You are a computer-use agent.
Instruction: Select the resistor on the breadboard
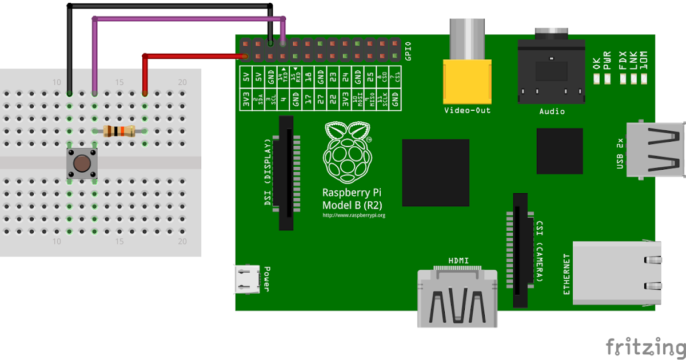coord(119,131)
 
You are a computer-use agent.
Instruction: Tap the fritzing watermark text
coord(645,346)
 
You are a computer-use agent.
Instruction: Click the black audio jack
coord(551,71)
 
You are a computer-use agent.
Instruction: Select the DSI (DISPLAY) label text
coord(268,173)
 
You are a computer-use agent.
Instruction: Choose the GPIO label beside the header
coord(408,51)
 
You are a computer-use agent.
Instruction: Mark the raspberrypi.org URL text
coord(354,215)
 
